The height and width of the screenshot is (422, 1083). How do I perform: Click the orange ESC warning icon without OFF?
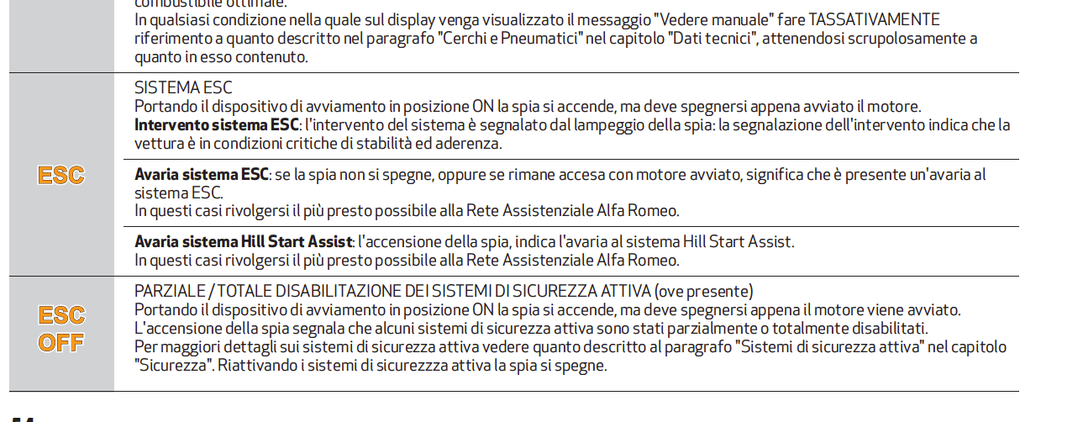(x=61, y=176)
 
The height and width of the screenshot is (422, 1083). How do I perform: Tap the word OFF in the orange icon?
(x=61, y=342)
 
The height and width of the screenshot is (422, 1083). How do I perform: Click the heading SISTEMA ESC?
(x=183, y=87)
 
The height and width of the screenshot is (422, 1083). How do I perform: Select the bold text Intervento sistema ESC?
(x=217, y=124)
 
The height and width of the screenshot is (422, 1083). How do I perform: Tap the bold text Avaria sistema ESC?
(x=202, y=175)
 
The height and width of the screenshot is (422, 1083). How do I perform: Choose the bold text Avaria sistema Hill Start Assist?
(x=244, y=242)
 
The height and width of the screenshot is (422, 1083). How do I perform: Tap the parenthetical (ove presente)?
(x=703, y=292)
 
